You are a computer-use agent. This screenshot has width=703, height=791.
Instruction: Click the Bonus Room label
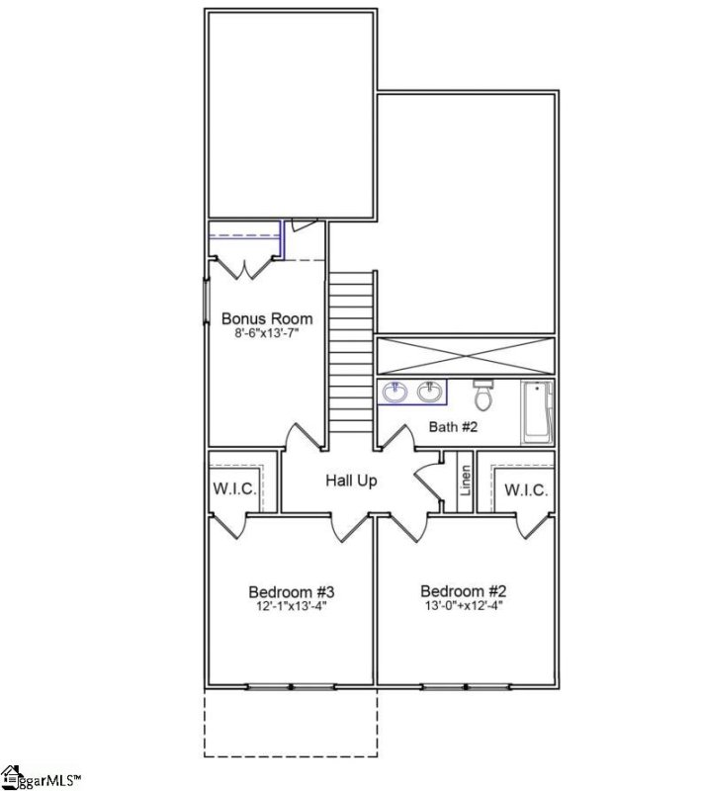click(266, 319)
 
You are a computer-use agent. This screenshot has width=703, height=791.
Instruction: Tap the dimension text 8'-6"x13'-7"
click(266, 335)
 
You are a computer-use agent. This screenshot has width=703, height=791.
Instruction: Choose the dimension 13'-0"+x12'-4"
click(465, 607)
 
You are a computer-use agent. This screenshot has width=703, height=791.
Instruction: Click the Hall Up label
click(353, 481)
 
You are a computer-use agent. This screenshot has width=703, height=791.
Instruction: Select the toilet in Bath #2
click(483, 395)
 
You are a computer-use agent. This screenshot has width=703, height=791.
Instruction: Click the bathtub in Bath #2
click(538, 410)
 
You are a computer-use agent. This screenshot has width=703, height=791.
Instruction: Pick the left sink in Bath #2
click(394, 392)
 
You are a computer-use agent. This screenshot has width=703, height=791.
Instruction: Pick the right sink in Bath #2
click(429, 392)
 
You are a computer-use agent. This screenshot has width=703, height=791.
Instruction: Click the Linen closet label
click(465, 482)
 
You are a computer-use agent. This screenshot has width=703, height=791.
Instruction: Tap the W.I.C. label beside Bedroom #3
click(235, 489)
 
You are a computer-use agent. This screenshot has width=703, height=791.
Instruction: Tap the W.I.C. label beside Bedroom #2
click(525, 489)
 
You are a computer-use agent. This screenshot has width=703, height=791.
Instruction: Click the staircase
click(350, 352)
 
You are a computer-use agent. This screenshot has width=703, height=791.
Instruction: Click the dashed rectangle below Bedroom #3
click(291, 722)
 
